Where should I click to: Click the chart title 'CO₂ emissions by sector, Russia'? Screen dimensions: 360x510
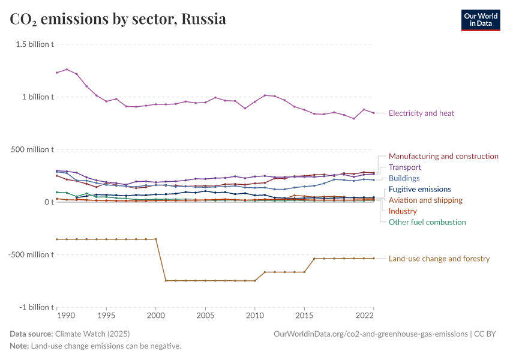[118, 19]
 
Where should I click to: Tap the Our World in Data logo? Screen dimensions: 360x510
[480, 20]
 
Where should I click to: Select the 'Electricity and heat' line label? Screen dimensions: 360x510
[421, 113]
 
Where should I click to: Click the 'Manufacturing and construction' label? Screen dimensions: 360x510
[443, 156]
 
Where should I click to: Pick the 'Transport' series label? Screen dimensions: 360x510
[405, 167]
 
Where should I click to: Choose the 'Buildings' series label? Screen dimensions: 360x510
[404, 178]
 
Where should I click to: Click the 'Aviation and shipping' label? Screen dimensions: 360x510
[425, 200]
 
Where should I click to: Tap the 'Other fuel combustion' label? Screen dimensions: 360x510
[427, 222]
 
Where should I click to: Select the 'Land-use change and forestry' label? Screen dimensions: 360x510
[439, 259]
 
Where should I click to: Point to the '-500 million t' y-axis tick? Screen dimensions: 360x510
[32, 254]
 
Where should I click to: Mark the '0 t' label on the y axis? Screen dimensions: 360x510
[49, 202]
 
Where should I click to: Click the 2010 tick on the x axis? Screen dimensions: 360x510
[255, 315]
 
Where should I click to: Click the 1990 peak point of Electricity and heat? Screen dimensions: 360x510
[67, 69]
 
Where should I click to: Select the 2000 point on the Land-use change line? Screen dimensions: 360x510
[156, 239]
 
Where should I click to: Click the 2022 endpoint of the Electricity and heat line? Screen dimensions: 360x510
[374, 113]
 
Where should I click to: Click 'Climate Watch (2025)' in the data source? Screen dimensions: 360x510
[92, 334]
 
